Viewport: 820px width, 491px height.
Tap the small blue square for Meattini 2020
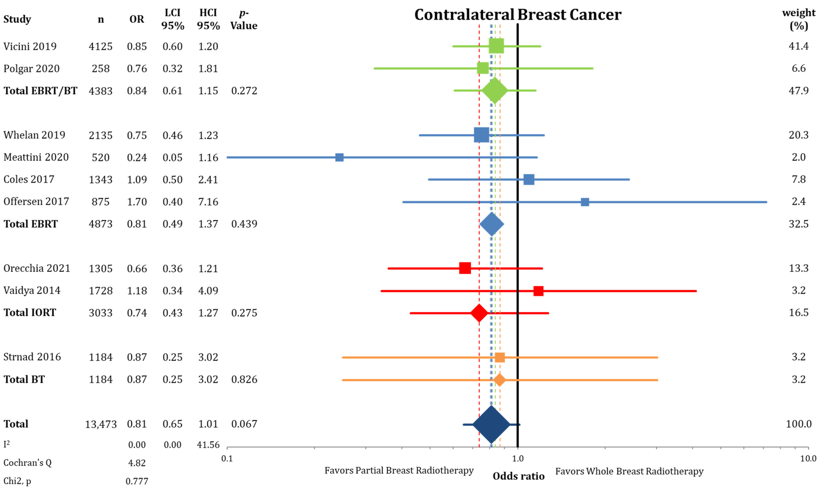(x=339, y=157)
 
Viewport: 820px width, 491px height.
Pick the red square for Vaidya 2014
(x=538, y=291)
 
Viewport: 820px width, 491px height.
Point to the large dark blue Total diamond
(x=491, y=424)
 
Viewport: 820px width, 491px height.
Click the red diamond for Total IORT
(x=479, y=313)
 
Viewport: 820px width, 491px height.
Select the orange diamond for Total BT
(x=499, y=380)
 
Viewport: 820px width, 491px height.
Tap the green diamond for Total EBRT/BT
(x=495, y=90)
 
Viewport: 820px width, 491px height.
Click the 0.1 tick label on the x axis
(x=227, y=459)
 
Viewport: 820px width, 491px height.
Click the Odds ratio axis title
(x=518, y=476)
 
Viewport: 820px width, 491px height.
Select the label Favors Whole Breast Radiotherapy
(x=629, y=471)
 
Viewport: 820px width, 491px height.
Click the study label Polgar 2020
(x=31, y=68)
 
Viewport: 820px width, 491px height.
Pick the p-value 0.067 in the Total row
(x=244, y=424)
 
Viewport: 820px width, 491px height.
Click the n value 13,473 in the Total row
(x=101, y=424)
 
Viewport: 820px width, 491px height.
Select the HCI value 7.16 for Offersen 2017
(x=208, y=202)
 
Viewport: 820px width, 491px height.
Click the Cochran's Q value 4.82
(x=137, y=463)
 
